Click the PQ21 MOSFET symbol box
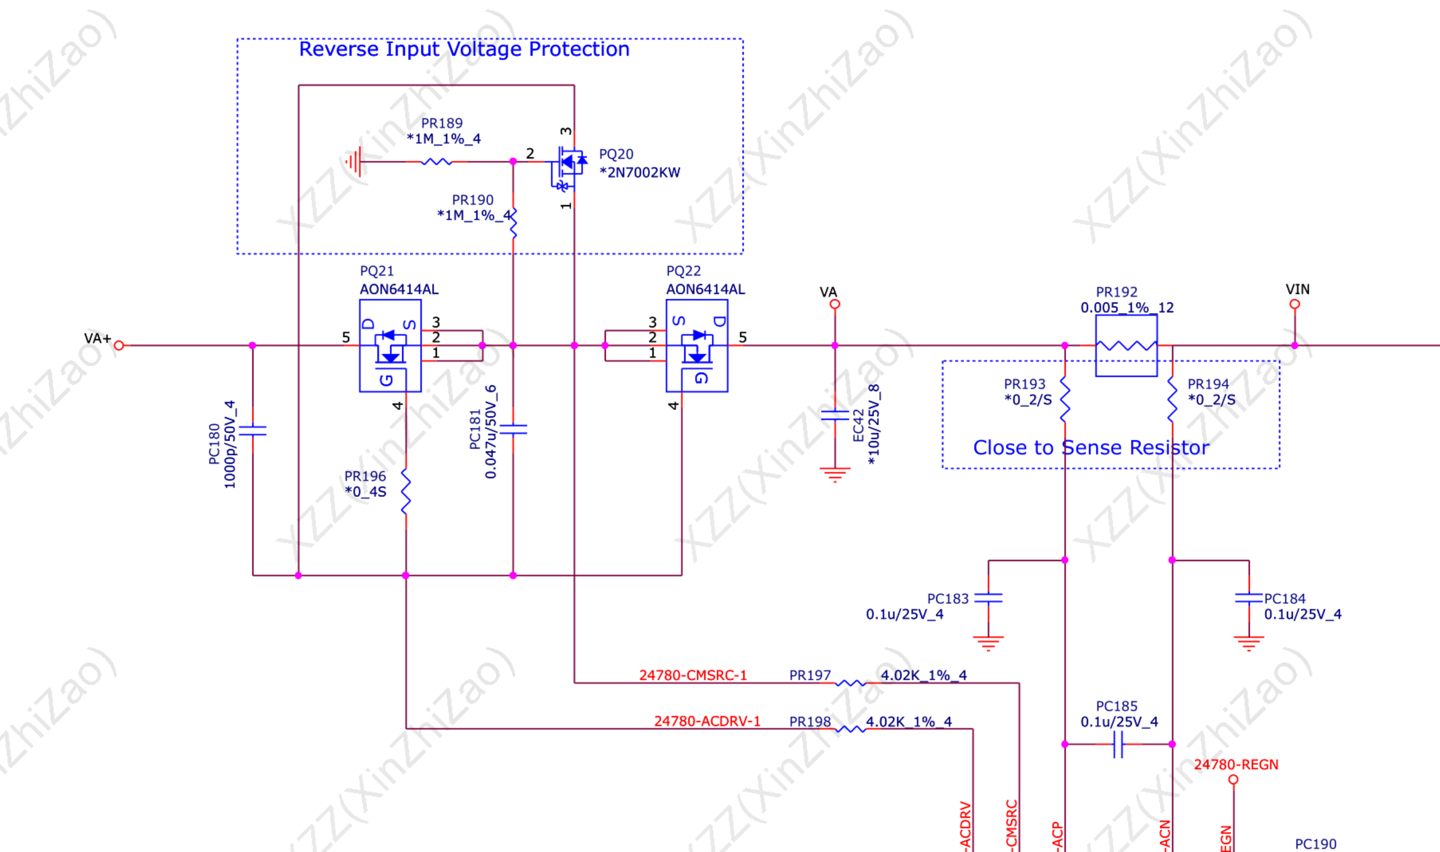(x=390, y=345)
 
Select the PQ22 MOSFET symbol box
(x=697, y=345)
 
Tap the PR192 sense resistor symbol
(x=1126, y=345)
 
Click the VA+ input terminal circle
(x=119, y=345)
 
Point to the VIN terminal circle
(x=1295, y=304)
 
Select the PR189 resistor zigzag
(x=437, y=162)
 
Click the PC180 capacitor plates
(x=252, y=430)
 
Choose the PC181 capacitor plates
(x=513, y=429)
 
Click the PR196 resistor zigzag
(x=406, y=491)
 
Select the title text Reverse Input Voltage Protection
(x=464, y=49)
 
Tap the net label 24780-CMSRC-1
(x=693, y=675)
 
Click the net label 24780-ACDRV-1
(x=707, y=721)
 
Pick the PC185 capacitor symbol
(x=1118, y=744)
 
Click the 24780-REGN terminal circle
(x=1233, y=780)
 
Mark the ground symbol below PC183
(x=988, y=643)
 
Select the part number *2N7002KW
(x=639, y=172)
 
